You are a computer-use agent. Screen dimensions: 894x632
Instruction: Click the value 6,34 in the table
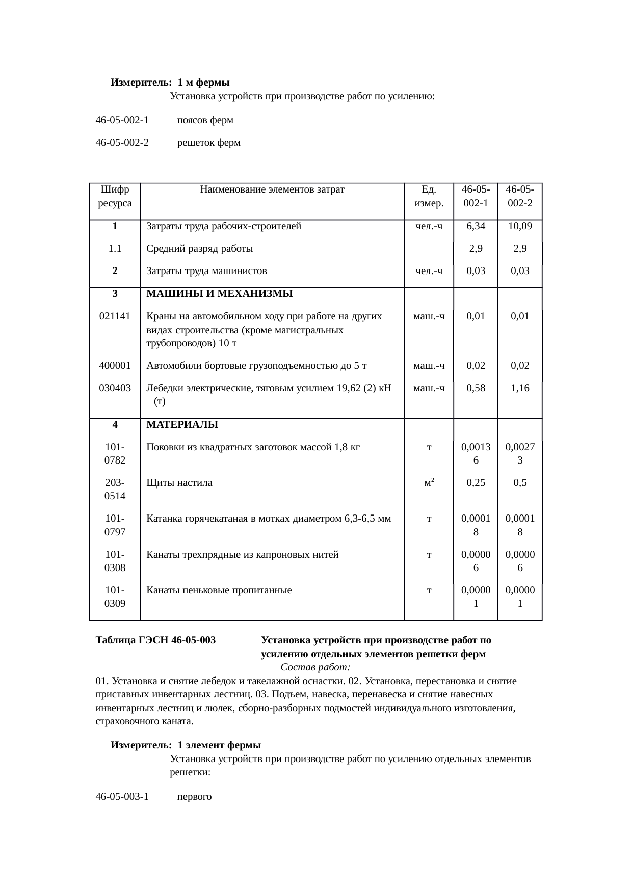476,226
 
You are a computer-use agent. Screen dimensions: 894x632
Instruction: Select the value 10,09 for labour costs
520,226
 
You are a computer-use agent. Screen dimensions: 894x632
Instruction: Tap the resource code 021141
115,316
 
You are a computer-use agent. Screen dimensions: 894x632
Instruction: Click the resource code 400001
115,365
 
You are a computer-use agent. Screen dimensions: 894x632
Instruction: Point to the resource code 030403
115,388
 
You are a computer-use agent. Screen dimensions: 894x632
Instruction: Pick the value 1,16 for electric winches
520,388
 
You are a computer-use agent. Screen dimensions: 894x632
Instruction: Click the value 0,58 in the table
476,388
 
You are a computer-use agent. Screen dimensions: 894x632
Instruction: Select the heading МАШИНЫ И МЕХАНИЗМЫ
219,294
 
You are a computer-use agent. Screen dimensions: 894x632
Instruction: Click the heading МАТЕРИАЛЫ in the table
182,424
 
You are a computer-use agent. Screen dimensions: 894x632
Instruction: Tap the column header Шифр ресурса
115,196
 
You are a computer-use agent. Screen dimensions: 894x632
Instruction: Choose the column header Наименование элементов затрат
272,190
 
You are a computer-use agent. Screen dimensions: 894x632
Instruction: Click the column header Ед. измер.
429,196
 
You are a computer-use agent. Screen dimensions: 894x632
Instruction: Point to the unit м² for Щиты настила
429,482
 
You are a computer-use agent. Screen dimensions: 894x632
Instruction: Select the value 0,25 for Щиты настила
476,482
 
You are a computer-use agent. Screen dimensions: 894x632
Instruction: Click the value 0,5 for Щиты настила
520,482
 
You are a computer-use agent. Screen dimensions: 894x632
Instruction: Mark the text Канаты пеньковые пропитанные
219,590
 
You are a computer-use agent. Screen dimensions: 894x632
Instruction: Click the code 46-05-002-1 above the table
122,120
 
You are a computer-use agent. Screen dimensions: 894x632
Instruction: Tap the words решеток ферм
208,143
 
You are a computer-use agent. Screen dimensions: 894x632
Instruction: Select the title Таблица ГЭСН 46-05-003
155,640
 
